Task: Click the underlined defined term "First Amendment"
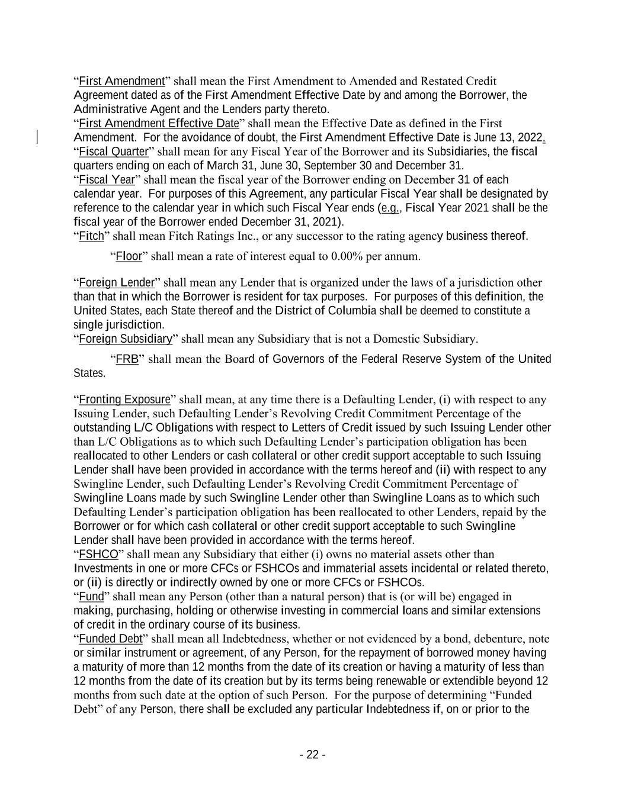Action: point(121,81)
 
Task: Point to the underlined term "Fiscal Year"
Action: point(107,180)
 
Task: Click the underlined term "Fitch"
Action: point(91,236)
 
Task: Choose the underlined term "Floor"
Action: point(129,256)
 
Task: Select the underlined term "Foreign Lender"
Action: point(117,282)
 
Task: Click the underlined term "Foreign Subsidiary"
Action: point(126,339)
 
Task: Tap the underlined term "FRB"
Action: point(127,359)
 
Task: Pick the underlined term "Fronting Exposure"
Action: point(124,400)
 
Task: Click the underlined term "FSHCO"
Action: point(98,555)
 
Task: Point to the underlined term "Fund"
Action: point(91,597)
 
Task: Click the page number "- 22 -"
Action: point(312,755)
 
